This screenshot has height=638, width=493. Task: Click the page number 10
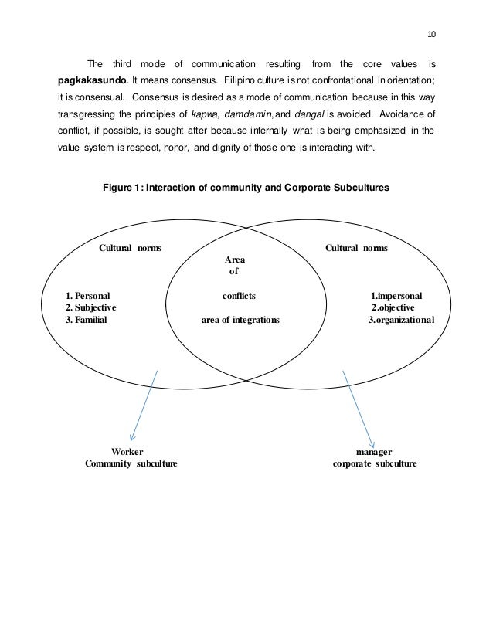pos(430,33)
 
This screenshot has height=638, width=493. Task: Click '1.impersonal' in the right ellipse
pos(397,295)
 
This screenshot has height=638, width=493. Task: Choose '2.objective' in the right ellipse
pos(394,307)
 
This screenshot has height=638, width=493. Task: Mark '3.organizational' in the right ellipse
pos(402,320)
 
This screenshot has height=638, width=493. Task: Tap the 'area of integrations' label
pos(240,320)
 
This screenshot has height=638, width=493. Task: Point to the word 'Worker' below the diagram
pos(127,451)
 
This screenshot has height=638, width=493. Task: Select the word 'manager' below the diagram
pos(374,451)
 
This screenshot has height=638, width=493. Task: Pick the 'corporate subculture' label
pos(375,463)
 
